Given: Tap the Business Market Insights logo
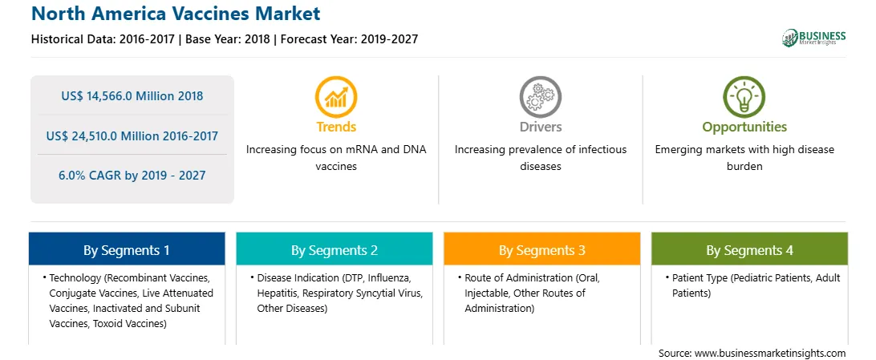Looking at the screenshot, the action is (814, 38).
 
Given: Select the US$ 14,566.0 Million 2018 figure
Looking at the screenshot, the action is (132, 96).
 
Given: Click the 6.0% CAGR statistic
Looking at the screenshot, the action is (132, 176).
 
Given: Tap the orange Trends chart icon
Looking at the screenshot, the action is (336, 97).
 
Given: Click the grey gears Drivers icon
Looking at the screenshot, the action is (540, 97).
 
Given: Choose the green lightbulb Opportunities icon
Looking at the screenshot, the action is (744, 97).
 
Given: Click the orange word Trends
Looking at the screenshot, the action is (336, 127).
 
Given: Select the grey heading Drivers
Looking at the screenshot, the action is (540, 127).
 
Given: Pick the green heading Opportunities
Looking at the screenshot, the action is (744, 127).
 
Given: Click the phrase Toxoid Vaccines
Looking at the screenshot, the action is (129, 323).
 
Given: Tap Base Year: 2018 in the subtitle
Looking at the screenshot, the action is (230, 39).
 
